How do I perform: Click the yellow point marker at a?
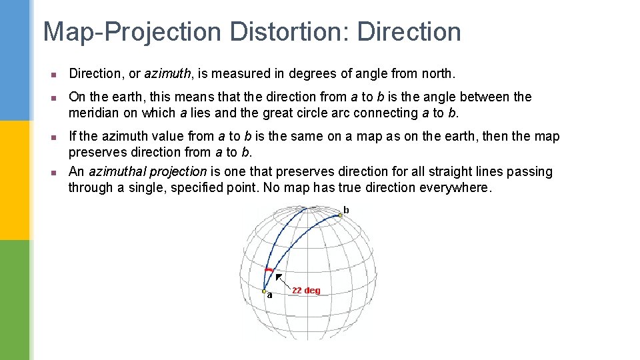tap(265, 291)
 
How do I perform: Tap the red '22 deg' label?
tap(306, 291)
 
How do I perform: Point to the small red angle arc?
tap(269, 269)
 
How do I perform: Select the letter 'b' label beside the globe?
tap(346, 209)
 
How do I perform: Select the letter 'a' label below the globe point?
tap(270, 296)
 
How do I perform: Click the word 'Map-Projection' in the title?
tap(131, 31)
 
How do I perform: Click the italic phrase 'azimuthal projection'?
tap(147, 171)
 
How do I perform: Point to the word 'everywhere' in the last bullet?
tap(455, 187)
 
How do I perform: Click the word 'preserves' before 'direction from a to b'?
tap(96, 152)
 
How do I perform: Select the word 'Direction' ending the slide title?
tap(409, 31)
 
